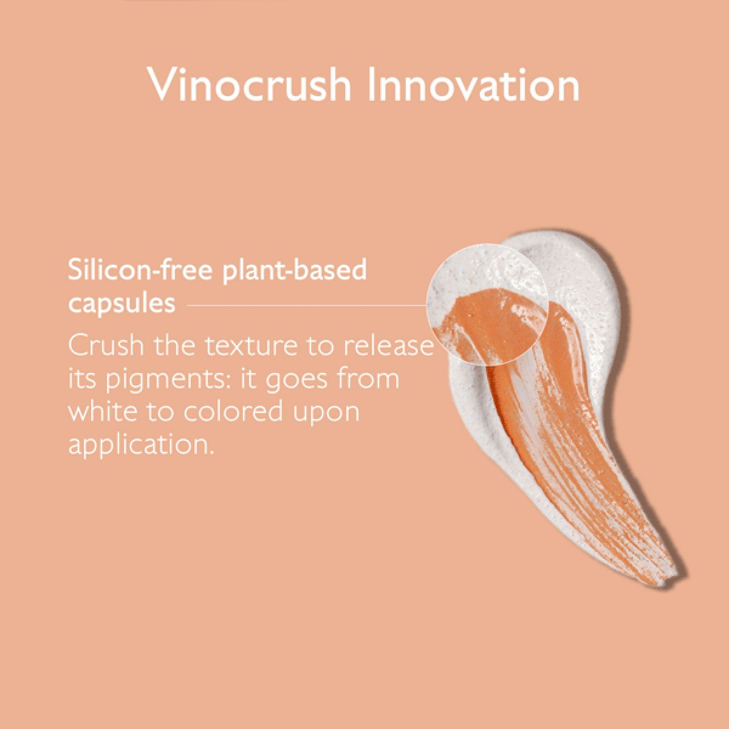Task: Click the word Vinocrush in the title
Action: tap(249, 84)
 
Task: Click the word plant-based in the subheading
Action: tap(295, 271)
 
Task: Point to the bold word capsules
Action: tap(122, 304)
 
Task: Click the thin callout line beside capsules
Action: tap(306, 306)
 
